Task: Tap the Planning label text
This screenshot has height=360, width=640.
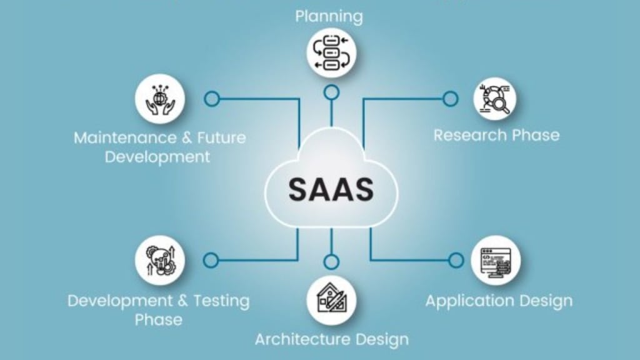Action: coord(329,16)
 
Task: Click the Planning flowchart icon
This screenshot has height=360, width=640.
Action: coord(331,52)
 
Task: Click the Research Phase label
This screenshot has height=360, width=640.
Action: coord(496,135)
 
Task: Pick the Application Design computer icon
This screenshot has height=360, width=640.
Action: coord(495,260)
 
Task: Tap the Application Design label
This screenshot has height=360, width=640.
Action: coord(499,301)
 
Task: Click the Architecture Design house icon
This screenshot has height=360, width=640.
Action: coord(331,300)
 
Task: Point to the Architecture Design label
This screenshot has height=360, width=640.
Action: coord(331,339)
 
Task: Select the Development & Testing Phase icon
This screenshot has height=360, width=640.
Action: coord(159,260)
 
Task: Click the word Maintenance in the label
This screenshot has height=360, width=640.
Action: coord(123,137)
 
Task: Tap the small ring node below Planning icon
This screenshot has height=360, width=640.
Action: coord(331,93)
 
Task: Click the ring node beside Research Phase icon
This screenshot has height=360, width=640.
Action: coord(450,99)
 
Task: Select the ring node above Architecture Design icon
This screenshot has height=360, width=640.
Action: coord(331,259)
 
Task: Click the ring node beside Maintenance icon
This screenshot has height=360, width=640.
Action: coord(211,99)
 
